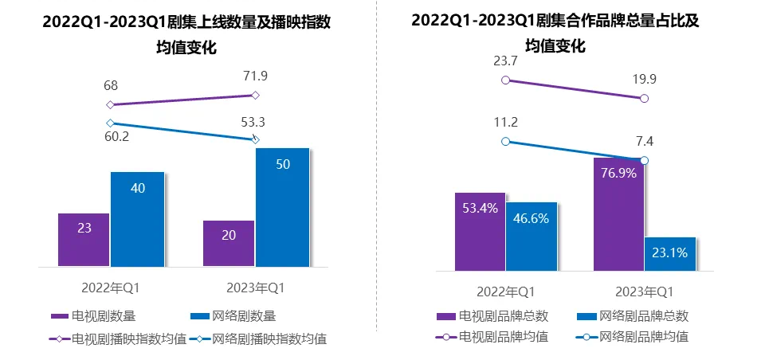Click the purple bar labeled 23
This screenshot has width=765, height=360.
pyautogui.click(x=84, y=240)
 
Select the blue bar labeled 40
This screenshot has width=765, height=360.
pyautogui.click(x=137, y=219)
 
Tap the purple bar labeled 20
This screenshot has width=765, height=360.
pyautogui.click(x=229, y=243)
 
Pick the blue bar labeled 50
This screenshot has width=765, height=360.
pyautogui.click(x=282, y=207)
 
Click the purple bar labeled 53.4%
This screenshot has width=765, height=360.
pyautogui.click(x=480, y=231)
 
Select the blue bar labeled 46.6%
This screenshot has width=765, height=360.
pyautogui.click(x=532, y=236)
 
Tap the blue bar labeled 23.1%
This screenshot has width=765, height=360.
pyautogui.click(x=670, y=253)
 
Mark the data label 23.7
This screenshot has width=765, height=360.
pyautogui.click(x=504, y=61)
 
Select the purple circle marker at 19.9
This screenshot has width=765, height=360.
pyautogui.click(x=644, y=99)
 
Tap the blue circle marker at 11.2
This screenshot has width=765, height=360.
pyautogui.click(x=504, y=141)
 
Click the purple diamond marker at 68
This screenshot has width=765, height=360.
pyautogui.click(x=111, y=104)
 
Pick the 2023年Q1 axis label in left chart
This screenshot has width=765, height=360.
pyautogui.click(x=255, y=287)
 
